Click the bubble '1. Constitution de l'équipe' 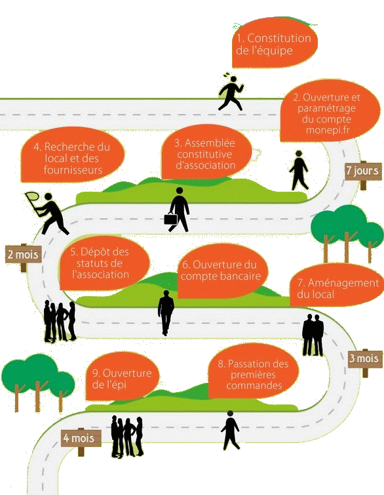pyautogui.click(x=275, y=43)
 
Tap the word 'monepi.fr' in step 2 pyautogui.click(x=328, y=130)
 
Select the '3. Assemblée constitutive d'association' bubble pyautogui.click(x=206, y=152)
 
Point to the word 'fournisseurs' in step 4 pyautogui.click(x=73, y=170)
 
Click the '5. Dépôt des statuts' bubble pyautogui.click(x=104, y=263)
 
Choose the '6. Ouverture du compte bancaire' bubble pyautogui.click(x=222, y=271)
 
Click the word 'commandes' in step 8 pyautogui.click(x=254, y=385)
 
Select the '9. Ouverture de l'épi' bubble pyautogui.click(x=123, y=377)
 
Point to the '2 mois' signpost pyautogui.click(x=24, y=256)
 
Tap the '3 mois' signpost pyautogui.click(x=365, y=360)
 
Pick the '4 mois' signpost pyautogui.click(x=81, y=439)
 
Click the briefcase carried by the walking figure pyautogui.click(x=170, y=219)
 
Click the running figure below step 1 pyautogui.click(x=231, y=93)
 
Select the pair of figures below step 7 pyautogui.click(x=313, y=335)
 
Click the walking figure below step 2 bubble pyautogui.click(x=299, y=170)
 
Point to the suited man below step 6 pyautogui.click(x=166, y=312)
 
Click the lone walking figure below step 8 pyautogui.click(x=230, y=430)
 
